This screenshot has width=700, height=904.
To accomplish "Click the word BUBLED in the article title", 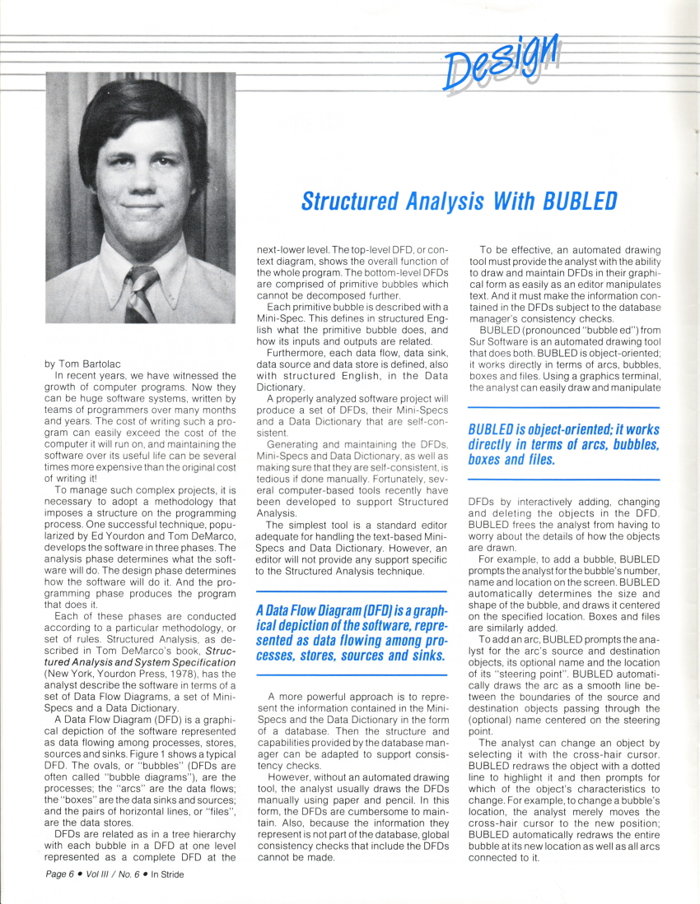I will click(576, 201).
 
